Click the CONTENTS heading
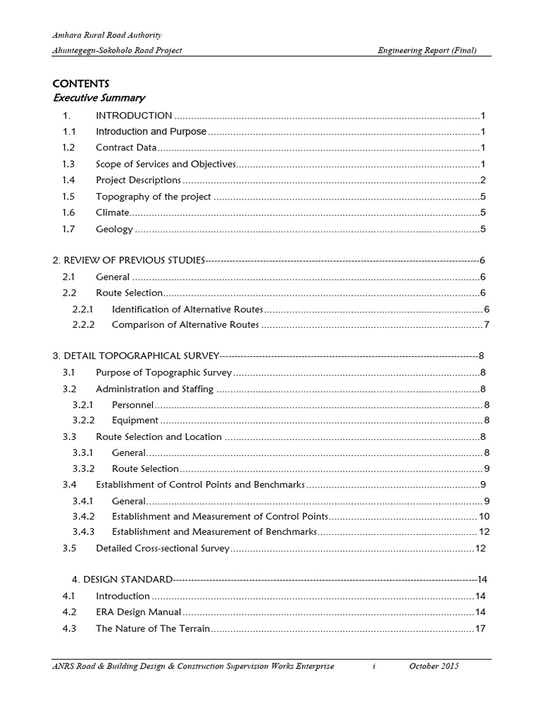coord(81,84)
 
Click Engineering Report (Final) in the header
coord(427,51)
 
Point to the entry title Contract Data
coord(126,148)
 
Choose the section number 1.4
coord(68,180)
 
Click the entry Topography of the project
coord(153,197)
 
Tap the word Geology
coord(114,229)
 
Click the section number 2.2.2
coord(82,324)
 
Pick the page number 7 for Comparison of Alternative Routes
coord(487,324)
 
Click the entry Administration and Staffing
coord(154,388)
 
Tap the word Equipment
coord(135,420)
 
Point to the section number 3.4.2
coord(82,517)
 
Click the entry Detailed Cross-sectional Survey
coord(162,549)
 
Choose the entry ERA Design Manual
coord(138,612)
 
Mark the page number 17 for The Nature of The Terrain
coord(480,628)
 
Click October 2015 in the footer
coord(433,667)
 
